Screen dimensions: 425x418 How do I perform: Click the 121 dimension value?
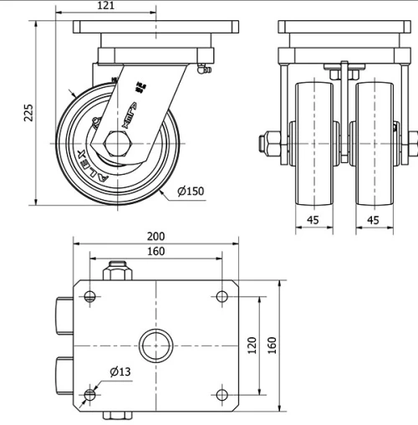(106, 6)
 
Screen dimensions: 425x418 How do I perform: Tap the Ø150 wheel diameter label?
(191, 192)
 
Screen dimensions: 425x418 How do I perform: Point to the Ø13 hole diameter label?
(119, 372)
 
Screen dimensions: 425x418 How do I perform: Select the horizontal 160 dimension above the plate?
(155, 251)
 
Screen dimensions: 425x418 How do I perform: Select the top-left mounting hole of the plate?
(90, 295)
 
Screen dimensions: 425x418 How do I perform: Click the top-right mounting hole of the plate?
(222, 295)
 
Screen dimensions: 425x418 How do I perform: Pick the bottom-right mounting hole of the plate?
(222, 394)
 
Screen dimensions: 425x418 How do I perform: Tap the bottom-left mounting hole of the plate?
(90, 394)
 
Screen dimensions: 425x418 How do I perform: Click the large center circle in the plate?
(155, 344)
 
